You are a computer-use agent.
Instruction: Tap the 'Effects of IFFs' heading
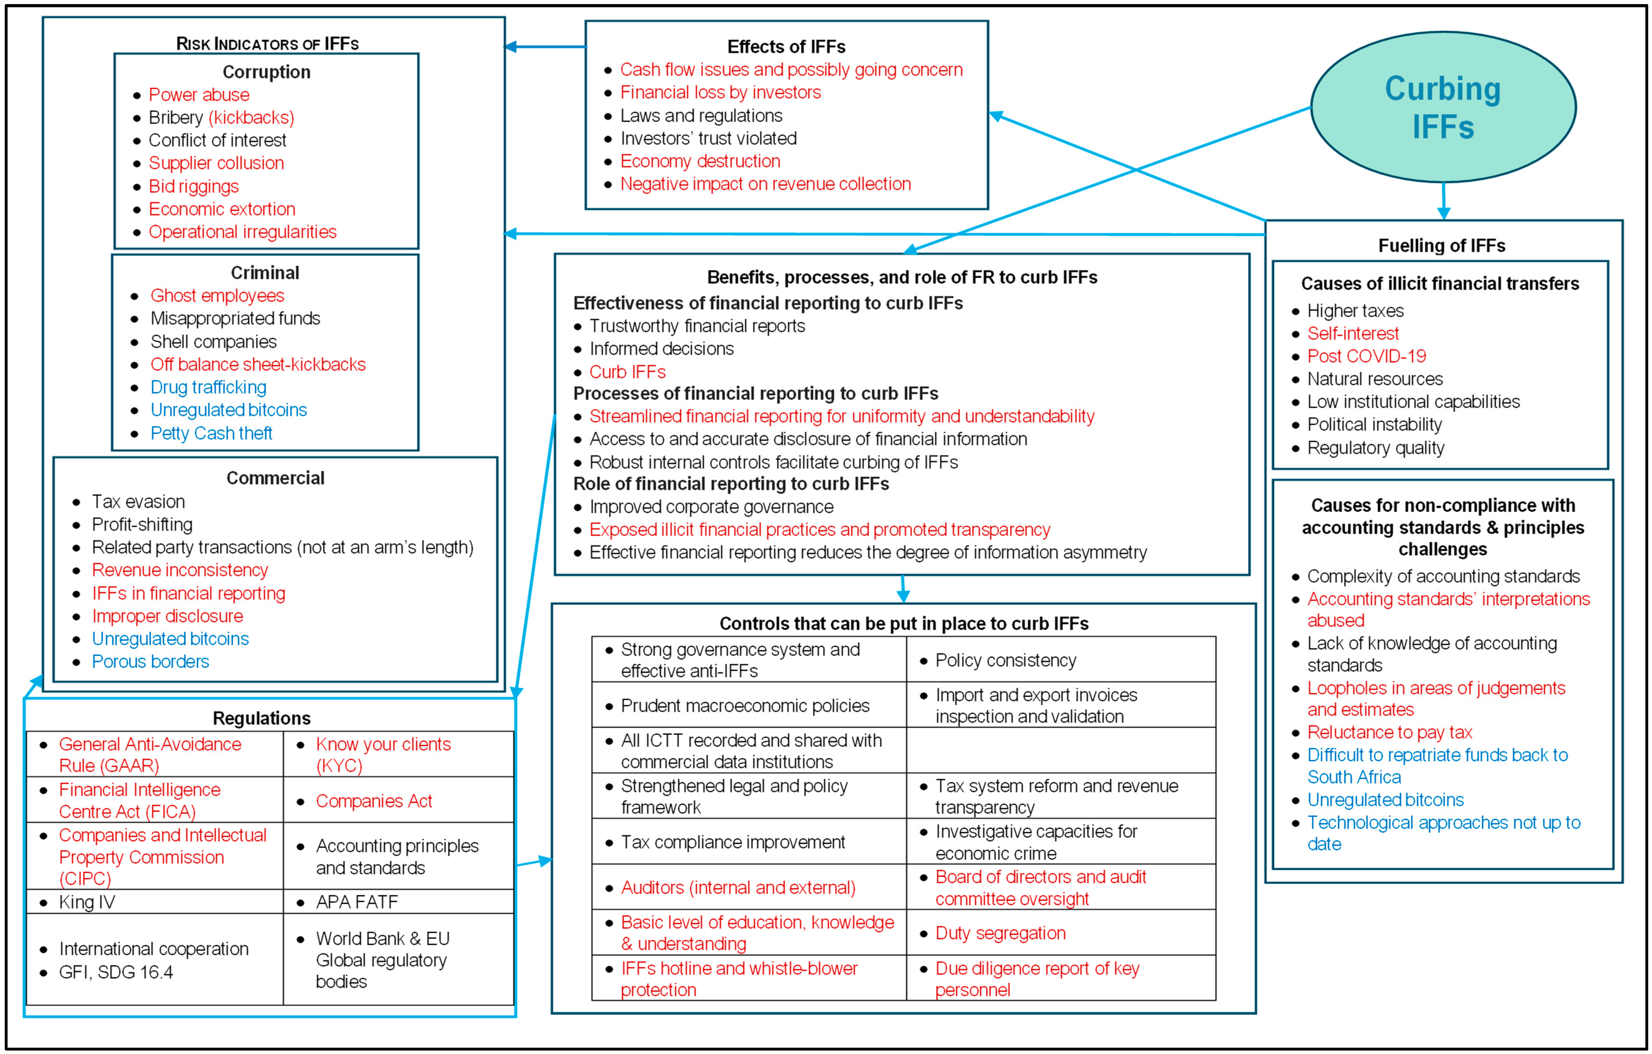coord(786,47)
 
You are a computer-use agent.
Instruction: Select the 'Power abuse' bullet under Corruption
coord(199,95)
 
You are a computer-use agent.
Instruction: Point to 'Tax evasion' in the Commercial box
coord(139,501)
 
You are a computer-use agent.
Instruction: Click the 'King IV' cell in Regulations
coord(87,902)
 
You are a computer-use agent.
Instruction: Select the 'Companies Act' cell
coord(374,801)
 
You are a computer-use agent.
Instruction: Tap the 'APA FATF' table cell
coord(357,902)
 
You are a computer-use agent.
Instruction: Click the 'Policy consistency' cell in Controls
coord(1006,660)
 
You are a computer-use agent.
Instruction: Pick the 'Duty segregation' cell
coord(1000,933)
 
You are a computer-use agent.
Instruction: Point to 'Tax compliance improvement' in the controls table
coord(733,842)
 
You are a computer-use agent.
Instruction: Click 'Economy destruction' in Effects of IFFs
coord(700,161)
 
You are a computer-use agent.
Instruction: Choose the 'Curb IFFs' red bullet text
coord(627,372)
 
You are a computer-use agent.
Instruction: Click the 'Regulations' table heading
coord(261,718)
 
